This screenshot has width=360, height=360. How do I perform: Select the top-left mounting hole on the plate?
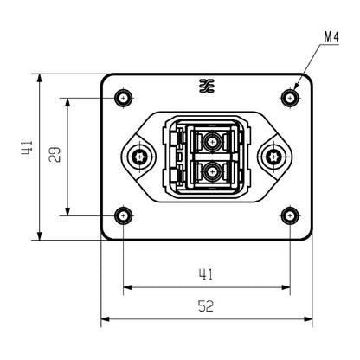click(124, 96)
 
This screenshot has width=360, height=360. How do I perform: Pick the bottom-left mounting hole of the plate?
click(124, 215)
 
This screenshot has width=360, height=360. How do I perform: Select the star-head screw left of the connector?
click(139, 157)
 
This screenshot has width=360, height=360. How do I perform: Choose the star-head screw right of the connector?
click(275, 157)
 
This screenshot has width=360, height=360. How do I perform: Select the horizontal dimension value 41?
click(207, 275)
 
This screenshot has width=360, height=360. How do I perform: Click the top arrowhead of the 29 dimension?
click(67, 100)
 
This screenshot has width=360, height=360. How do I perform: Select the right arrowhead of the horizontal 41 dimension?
click(287, 287)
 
